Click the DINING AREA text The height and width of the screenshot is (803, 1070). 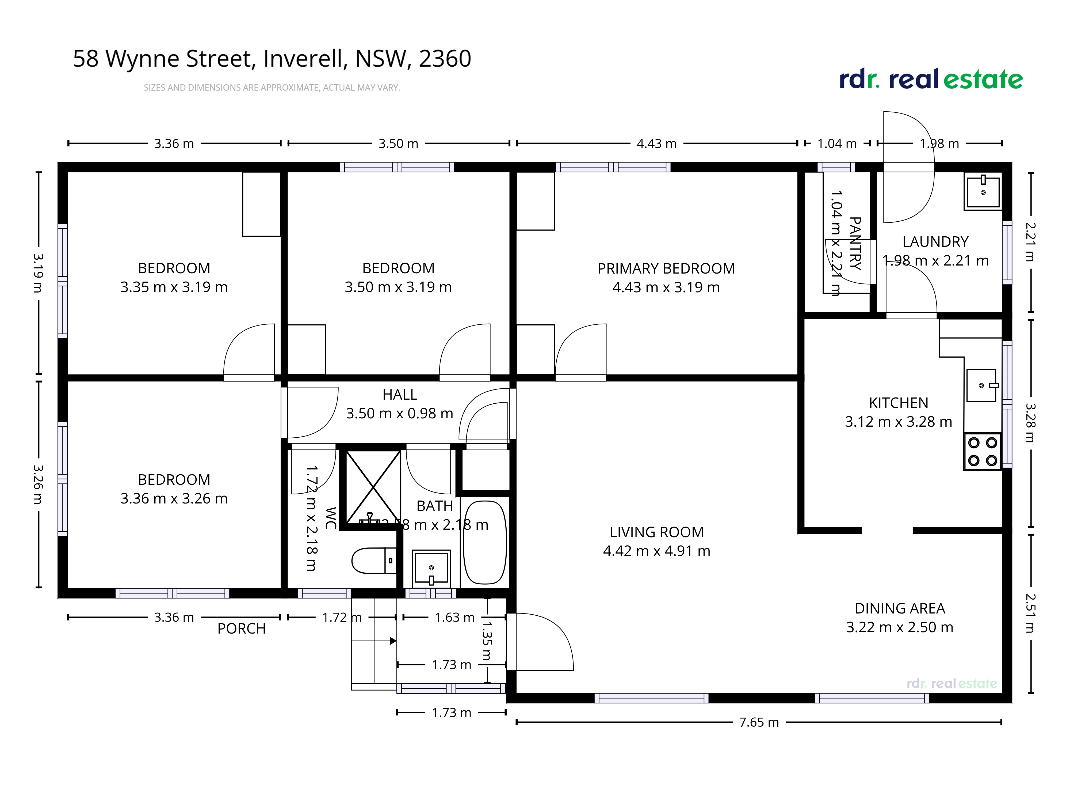coord(899,608)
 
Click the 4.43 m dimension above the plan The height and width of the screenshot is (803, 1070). coord(656,144)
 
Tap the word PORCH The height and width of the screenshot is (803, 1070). coord(241,629)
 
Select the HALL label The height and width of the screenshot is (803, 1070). coord(400,395)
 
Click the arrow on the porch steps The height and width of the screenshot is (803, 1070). coord(392,641)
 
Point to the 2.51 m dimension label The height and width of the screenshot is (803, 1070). coord(1030,613)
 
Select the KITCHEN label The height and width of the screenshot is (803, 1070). coord(898,403)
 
